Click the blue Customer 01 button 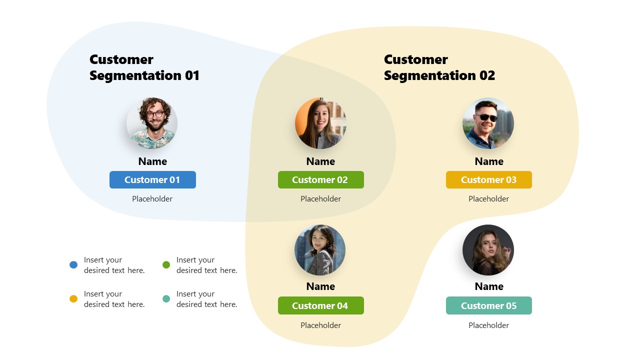point(152,180)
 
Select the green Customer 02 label point(320,180)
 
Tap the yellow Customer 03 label point(488,180)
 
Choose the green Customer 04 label point(320,305)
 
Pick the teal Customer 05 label point(488,305)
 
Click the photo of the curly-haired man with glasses point(152,123)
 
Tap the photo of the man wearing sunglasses point(488,123)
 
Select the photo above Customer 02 point(320,123)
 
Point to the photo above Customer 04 point(320,250)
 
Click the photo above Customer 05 point(488,250)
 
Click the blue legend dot point(73,265)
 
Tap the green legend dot point(166,265)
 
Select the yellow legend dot point(73,299)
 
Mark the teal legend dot point(166,299)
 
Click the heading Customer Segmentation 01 point(144,67)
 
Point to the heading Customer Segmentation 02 point(439,67)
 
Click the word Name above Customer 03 point(488,161)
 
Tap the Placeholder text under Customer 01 point(152,199)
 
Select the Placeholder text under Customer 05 point(488,325)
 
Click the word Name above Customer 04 point(320,286)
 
